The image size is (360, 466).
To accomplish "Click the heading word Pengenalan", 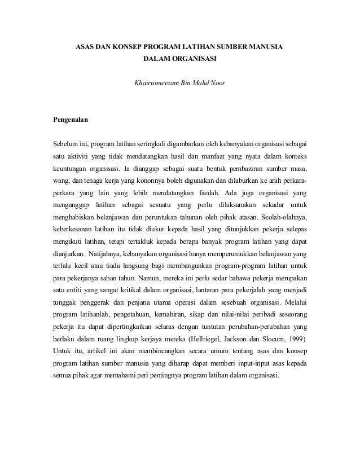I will coord(71,120).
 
